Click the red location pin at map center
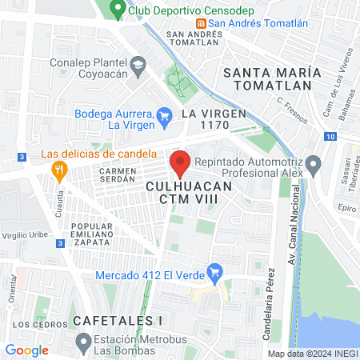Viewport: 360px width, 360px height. coord(180,162)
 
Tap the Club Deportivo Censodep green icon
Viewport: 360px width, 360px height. coord(118,10)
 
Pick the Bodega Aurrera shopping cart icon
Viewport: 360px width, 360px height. coord(164,114)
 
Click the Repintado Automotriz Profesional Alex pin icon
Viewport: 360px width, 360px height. coord(314,167)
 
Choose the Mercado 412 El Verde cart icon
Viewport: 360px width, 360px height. coord(214,271)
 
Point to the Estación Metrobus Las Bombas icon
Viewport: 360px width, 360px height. coord(82,344)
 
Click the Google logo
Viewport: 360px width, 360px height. coord(26,350)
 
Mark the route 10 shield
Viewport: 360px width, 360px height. coord(330,137)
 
